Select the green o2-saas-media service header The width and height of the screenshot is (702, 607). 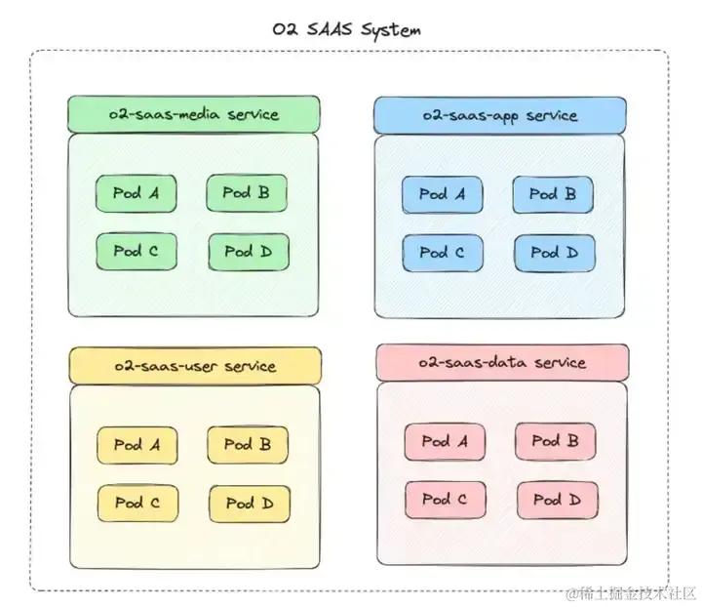tap(194, 114)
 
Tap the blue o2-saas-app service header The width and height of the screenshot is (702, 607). tap(499, 115)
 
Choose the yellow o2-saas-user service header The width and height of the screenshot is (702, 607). tap(195, 366)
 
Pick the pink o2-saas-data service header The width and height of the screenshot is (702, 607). tap(502, 362)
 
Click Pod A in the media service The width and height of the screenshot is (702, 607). tap(136, 193)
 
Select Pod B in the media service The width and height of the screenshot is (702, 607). tap(246, 193)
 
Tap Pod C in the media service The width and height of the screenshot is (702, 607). tap(136, 251)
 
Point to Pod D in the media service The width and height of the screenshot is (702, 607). tap(247, 252)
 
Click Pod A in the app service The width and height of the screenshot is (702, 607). tap(443, 194)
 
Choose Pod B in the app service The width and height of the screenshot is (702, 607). tap(553, 194)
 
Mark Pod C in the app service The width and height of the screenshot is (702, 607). tap(443, 253)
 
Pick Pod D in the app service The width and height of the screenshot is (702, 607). tap(554, 254)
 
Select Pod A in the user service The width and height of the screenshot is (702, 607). tap(136, 445)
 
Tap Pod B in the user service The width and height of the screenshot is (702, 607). tap(247, 445)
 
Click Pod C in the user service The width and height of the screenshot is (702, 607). tap(136, 503)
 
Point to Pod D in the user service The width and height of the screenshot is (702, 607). tap(249, 504)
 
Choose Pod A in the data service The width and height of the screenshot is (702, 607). tap(445, 441)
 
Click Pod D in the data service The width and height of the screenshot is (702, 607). tap(556, 501)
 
